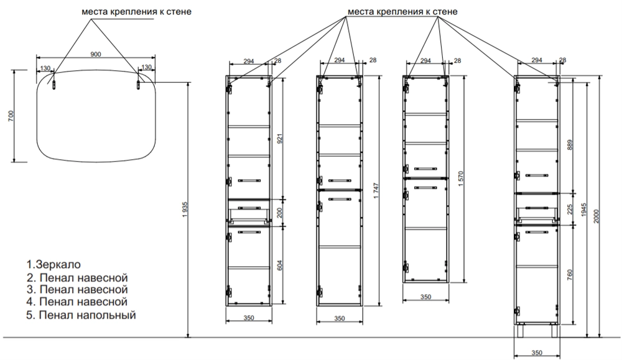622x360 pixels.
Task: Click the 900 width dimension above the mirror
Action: coord(96,55)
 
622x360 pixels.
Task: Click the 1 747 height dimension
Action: coord(371,193)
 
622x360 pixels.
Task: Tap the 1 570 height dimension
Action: coord(460,181)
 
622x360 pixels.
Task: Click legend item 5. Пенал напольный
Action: coord(81,315)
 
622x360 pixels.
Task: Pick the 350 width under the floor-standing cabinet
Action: coord(537,353)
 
